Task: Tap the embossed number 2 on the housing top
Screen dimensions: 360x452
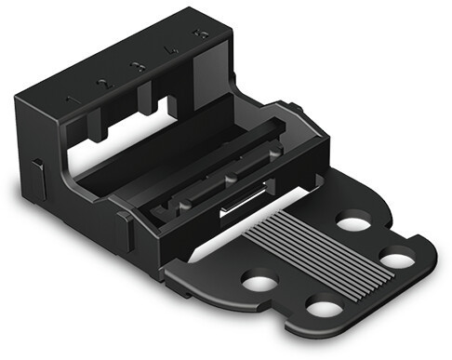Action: [103, 84]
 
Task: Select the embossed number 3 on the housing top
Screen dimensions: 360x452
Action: [137, 67]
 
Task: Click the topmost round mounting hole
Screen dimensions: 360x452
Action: [353, 223]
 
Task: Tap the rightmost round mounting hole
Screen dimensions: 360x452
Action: [399, 258]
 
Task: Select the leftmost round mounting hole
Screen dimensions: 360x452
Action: [259, 280]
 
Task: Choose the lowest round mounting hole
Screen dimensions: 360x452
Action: [322, 307]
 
